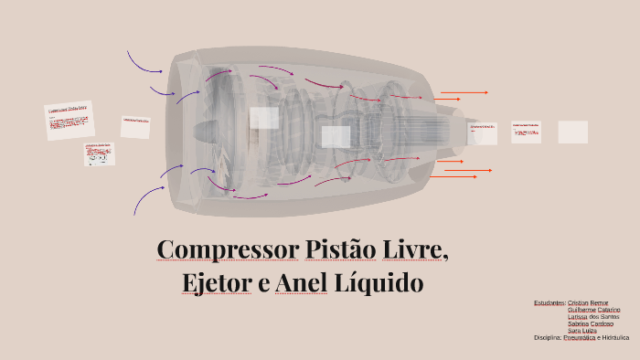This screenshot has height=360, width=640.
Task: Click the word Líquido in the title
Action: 379,283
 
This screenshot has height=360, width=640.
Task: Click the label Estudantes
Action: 549,302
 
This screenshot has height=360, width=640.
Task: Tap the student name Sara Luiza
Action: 582,330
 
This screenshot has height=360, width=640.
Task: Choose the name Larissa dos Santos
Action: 593,316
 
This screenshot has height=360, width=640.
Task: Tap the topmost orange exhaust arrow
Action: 464,92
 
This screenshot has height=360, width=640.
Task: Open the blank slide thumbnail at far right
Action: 572,132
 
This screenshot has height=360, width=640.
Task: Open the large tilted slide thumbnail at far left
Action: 69,120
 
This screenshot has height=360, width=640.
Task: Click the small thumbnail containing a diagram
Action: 99,154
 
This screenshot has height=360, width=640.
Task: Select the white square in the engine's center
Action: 336,136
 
